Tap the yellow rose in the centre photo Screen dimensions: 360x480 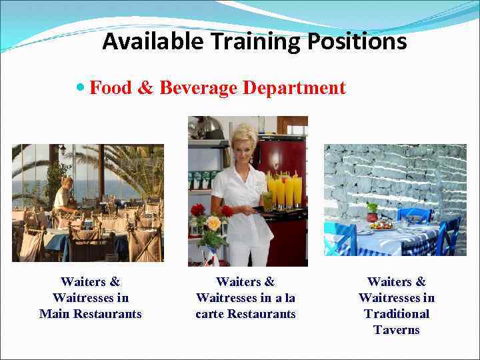213,223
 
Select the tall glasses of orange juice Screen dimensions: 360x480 283,189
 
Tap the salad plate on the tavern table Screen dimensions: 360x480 382,225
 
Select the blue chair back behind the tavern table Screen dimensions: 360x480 414,215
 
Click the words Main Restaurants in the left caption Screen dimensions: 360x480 91,314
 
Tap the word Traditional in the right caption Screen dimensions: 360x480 397,314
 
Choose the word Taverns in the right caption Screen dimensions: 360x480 397,330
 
